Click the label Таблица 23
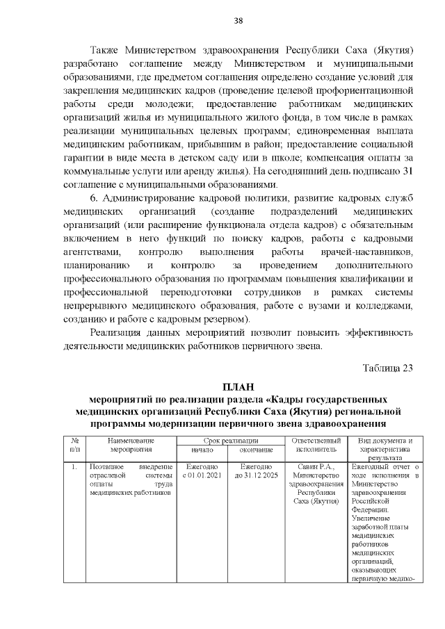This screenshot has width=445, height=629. coord(388,368)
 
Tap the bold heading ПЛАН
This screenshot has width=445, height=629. coord(238,386)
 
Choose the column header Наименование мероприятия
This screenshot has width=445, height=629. coord(131,445)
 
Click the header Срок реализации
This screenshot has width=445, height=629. coord(231,441)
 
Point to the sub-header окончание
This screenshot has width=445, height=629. coord(257,450)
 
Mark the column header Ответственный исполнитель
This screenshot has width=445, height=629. coord(316,445)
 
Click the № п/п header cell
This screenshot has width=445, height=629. coord(74,445)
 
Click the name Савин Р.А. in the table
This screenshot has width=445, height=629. coord(316,466)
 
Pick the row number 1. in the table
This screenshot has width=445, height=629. coord(74,466)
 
